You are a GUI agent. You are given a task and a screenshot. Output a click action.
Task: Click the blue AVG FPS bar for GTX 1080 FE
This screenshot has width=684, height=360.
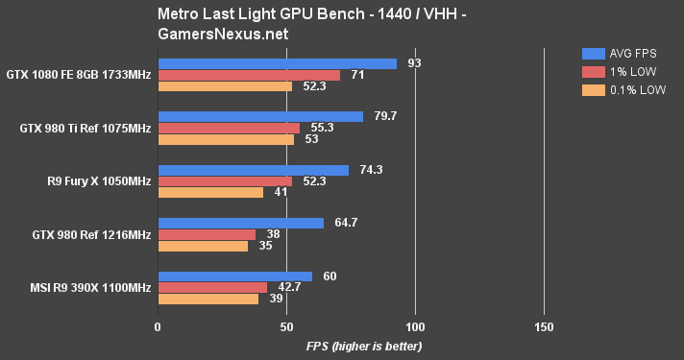277,63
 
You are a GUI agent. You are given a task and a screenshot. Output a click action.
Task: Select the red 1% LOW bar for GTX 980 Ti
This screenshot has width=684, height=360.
229,128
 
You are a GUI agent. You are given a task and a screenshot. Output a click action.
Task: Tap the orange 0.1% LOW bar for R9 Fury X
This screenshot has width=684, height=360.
210,192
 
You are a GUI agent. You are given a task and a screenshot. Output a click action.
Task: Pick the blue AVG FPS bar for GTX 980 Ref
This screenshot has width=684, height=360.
241,223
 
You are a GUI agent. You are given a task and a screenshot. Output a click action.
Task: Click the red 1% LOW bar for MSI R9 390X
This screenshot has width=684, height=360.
212,287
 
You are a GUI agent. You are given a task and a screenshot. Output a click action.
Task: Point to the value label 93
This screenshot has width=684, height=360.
415,63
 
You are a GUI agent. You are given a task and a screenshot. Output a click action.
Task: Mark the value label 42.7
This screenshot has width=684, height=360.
291,287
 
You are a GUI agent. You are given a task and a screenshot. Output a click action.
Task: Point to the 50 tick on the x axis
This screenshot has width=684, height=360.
286,325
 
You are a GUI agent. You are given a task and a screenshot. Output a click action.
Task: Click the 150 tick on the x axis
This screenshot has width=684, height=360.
544,325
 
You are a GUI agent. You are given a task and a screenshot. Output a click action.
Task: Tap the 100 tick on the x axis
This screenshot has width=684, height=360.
415,325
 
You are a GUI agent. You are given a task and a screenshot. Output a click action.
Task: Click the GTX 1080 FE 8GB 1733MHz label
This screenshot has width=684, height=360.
79,74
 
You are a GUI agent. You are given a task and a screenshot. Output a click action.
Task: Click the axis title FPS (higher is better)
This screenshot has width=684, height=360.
364,346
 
